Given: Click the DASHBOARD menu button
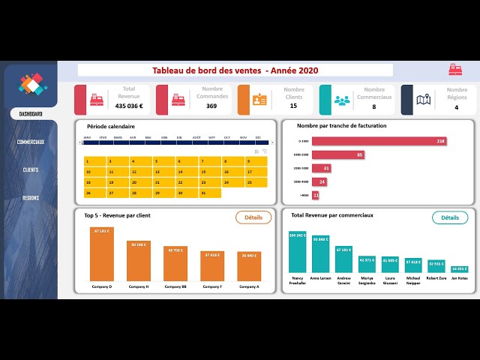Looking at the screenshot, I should [x=31, y=114].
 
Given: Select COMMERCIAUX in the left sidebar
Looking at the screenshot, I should [x=31, y=142].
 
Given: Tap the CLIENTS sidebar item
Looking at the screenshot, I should [x=31, y=169].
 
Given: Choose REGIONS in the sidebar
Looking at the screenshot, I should [x=31, y=198].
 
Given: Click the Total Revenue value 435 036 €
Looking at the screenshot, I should [x=129, y=106].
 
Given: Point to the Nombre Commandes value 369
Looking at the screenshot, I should [x=211, y=106].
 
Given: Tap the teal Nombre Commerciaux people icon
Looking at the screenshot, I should [x=341, y=100].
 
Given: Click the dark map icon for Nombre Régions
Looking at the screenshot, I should [x=423, y=100].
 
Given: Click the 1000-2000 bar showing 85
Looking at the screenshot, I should [x=338, y=154].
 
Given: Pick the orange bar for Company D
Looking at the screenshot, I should [x=102, y=254].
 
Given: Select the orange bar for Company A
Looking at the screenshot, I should [x=249, y=266].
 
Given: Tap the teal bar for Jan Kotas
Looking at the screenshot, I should [x=459, y=269].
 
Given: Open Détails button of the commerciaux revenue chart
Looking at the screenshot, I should [x=449, y=217].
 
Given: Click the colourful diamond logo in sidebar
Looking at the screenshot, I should [x=32, y=84].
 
